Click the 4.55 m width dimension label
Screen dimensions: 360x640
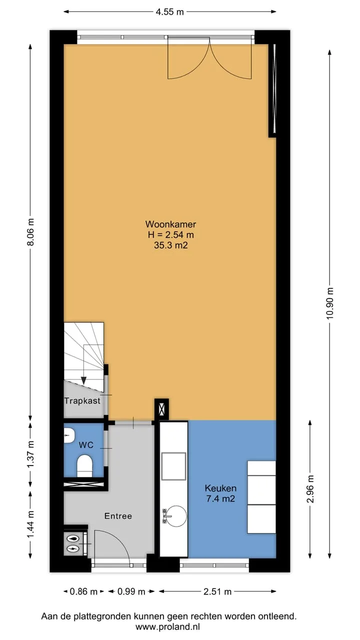(169, 12)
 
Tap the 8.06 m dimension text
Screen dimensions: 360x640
(30, 231)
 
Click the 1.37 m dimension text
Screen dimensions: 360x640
(30, 454)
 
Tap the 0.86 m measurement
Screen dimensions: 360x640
(83, 591)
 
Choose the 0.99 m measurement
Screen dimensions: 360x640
(131, 591)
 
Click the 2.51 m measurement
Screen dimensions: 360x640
(217, 591)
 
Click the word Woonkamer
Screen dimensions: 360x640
(170, 224)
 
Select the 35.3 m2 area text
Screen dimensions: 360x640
(171, 245)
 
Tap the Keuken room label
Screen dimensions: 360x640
(220, 488)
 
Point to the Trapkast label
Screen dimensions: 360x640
(82, 401)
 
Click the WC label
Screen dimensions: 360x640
(86, 445)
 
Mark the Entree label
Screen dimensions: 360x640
(118, 516)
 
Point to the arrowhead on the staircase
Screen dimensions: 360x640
(83, 380)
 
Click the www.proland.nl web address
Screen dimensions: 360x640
(167, 627)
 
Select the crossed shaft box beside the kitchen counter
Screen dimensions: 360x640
(161, 409)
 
